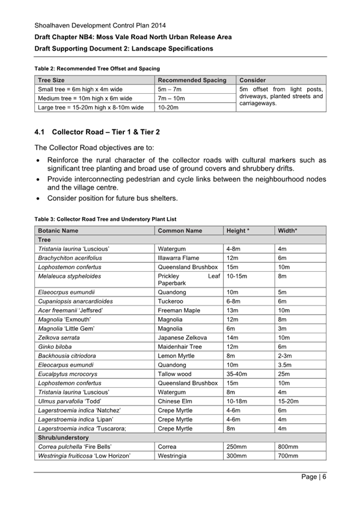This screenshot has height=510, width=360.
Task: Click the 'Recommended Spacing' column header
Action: point(192,80)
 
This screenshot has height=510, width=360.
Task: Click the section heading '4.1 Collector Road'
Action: point(97,132)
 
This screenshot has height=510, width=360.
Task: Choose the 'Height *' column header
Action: point(238,230)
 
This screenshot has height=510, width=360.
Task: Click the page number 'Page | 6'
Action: point(314,478)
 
